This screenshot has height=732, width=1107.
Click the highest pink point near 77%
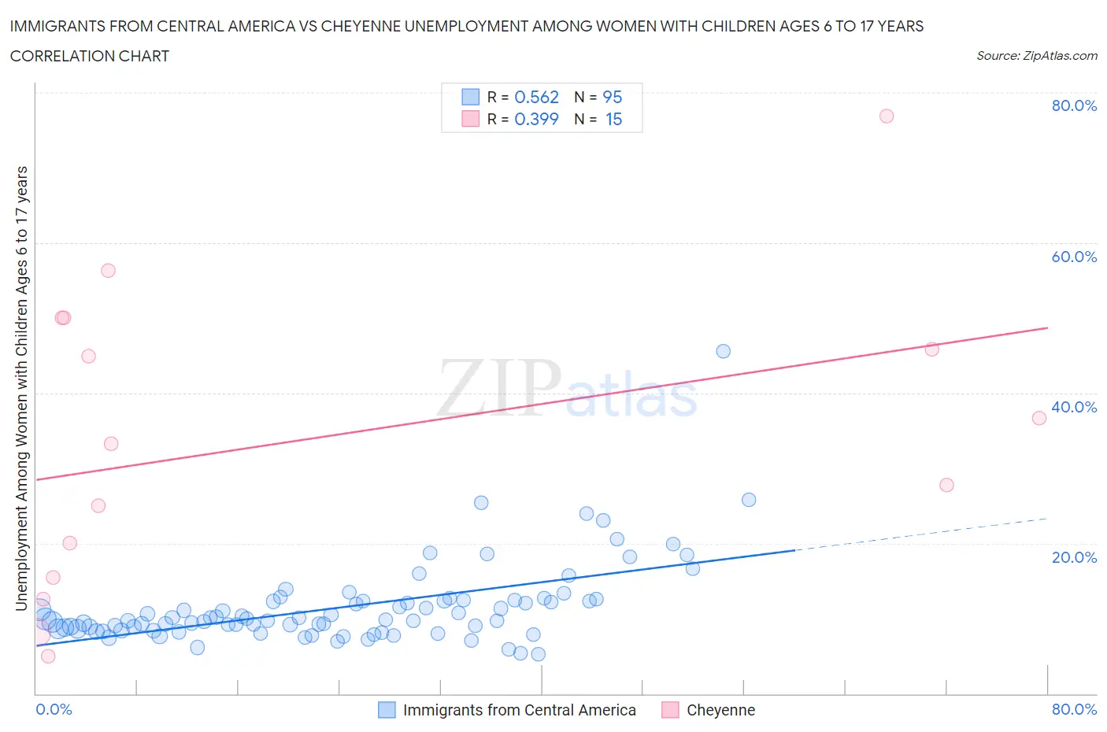887,116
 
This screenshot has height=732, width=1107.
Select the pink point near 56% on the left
108,271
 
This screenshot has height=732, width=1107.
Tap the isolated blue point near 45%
723,351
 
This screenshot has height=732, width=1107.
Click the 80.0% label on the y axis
1074,105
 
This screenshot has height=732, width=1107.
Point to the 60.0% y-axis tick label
1074,257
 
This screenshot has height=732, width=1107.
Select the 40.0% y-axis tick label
1074,407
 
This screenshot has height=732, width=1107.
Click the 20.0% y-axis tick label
1074,557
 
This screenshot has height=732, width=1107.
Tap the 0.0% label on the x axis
54,709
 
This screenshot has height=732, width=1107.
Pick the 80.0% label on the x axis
1074,709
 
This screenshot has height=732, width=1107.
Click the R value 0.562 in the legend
536,97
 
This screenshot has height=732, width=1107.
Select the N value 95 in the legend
612,97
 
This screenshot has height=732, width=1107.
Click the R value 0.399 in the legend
536,119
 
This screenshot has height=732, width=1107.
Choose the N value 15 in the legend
613,119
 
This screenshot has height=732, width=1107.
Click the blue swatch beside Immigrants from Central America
387,710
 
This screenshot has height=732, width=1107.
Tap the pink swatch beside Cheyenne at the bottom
670,710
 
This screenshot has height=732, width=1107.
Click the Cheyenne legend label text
720,710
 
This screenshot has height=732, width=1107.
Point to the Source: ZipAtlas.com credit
1036,55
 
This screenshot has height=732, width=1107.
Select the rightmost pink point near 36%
1039,418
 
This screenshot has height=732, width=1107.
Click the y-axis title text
21,388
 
